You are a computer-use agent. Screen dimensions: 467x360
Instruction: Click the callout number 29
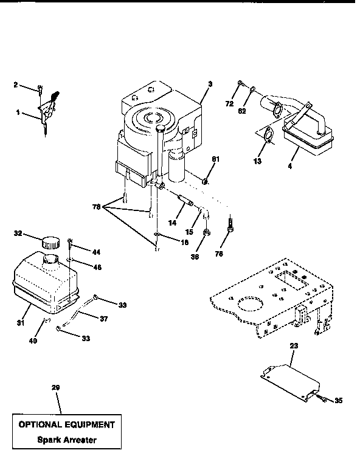tap(57, 387)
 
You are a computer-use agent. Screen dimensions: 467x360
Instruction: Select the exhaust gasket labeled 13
tap(267, 136)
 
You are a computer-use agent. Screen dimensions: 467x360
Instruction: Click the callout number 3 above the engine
tap(210, 83)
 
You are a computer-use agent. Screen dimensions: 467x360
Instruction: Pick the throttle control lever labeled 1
tap(49, 110)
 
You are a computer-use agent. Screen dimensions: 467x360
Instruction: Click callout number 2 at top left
tap(15, 85)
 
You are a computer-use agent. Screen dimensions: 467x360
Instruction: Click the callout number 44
tap(97, 252)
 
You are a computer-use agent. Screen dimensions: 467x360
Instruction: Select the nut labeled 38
tap(207, 232)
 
